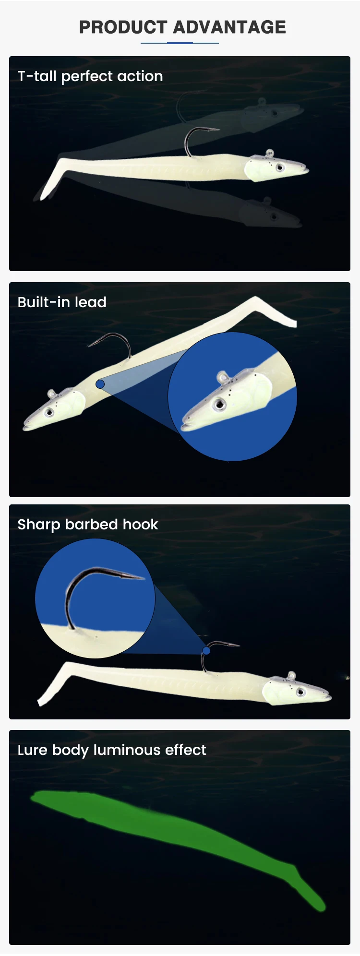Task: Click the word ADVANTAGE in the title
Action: click(229, 27)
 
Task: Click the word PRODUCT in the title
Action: click(124, 27)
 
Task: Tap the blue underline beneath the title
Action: click(180, 43)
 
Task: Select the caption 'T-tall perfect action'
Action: click(90, 76)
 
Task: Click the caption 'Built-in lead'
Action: click(62, 302)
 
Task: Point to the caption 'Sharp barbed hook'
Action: click(88, 525)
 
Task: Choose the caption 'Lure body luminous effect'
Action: click(112, 750)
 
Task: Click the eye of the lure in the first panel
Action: click(279, 167)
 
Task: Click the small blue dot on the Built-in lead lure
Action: click(100, 384)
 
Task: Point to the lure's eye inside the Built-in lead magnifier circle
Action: click(220, 404)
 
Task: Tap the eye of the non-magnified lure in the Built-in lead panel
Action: click(49, 412)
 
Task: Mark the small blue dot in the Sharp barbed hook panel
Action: click(206, 650)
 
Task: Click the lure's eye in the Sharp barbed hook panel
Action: click(301, 692)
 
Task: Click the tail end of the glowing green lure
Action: click(319, 907)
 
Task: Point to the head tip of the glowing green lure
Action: click(33, 798)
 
